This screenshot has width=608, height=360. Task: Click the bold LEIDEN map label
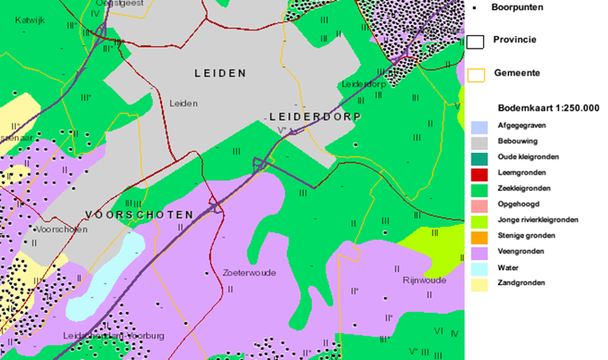pyautogui.click(x=220, y=73)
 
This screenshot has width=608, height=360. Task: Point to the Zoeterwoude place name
pyautogui.click(x=250, y=273)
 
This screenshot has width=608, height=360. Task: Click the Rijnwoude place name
pyautogui.click(x=423, y=281)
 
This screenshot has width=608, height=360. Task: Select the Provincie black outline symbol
pyautogui.click(x=475, y=40)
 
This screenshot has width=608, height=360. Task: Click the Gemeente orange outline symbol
pyautogui.click(x=475, y=74)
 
